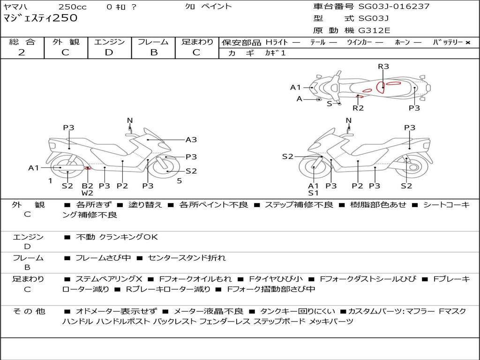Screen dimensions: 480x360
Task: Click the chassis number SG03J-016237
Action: pyautogui.click(x=394, y=6)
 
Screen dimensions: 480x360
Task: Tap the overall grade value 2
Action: pyautogui.click(x=22, y=52)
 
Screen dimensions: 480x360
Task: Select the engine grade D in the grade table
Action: pyautogui.click(x=109, y=52)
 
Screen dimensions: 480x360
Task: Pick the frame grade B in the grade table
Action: pyautogui.click(x=154, y=52)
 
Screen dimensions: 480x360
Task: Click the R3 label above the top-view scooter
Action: pyautogui.click(x=383, y=67)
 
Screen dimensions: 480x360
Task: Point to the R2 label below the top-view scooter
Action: pyautogui.click(x=358, y=108)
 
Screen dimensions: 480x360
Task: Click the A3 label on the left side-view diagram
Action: pyautogui.click(x=191, y=140)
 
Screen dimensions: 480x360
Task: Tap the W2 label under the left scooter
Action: pyautogui.click(x=87, y=193)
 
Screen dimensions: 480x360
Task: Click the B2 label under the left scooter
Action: pyautogui.click(x=87, y=186)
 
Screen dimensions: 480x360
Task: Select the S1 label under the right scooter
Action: pyautogui.click(x=313, y=193)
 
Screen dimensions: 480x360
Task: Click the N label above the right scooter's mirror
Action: pyautogui.click(x=348, y=120)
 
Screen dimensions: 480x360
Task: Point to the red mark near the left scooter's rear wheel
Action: pyautogui.click(x=88, y=168)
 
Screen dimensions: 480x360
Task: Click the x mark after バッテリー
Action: pyautogui.click(x=468, y=43)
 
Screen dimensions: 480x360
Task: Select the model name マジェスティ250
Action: pyautogui.click(x=40, y=18)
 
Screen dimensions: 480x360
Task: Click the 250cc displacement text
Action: pyautogui.click(x=73, y=7)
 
